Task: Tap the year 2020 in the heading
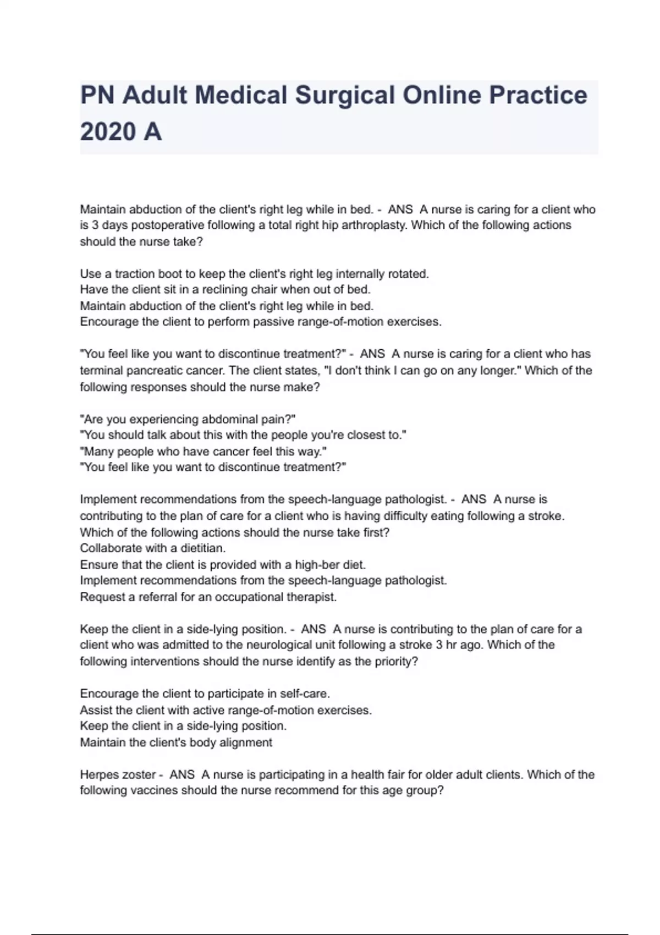pos(108,132)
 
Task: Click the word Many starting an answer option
pos(97,452)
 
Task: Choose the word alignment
pos(245,743)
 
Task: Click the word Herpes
pos(100,775)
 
